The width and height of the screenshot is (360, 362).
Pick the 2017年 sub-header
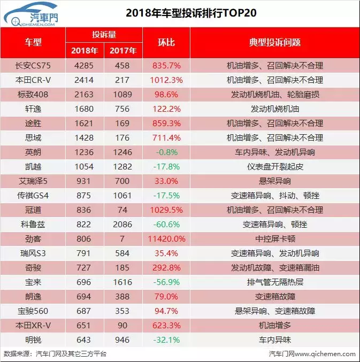[123, 51]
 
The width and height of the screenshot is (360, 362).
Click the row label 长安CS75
[33, 66]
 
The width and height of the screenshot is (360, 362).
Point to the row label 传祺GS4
[33, 196]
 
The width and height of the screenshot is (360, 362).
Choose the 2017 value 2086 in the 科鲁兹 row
[123, 224]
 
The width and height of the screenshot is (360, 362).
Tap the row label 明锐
[33, 340]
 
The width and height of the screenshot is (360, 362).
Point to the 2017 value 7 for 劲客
[123, 238]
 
